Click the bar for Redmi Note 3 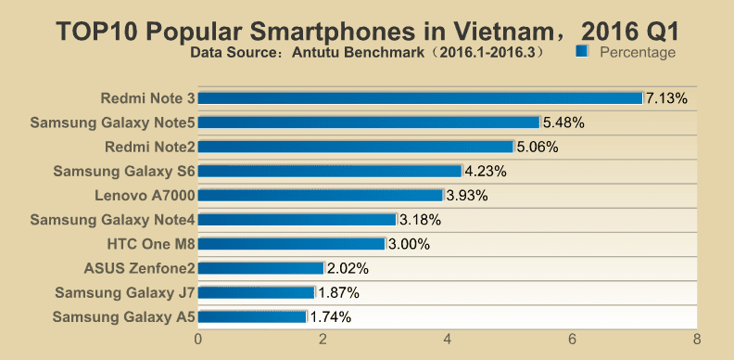(421, 98)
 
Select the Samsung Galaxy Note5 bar (369, 122)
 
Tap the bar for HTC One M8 (292, 244)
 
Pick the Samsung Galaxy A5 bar (252, 317)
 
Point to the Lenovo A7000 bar (321, 196)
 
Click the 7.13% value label (666, 98)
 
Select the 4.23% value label (486, 171)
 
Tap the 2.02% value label (348, 268)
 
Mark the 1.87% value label (338, 292)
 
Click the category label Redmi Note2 (149, 148)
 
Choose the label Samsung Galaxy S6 (123, 171)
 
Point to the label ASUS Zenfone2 (139, 268)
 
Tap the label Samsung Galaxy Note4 (112, 220)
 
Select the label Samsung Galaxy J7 (125, 292)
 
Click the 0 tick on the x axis (198, 339)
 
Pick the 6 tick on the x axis (572, 339)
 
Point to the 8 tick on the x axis (697, 339)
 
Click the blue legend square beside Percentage (582, 51)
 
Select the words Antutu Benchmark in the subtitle (358, 52)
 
